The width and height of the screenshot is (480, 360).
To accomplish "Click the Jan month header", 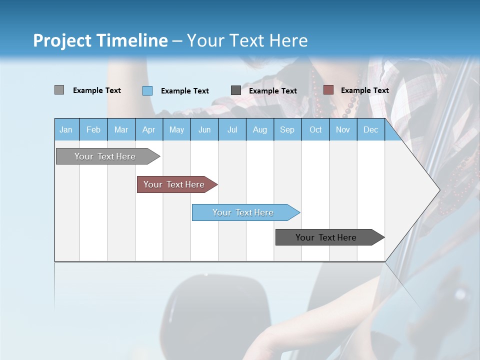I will [x=66, y=129].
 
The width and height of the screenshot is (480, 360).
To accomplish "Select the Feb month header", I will [x=93, y=129].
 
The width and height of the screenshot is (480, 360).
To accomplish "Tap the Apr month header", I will [x=148, y=129].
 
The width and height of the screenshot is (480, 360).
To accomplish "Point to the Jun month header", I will [x=204, y=129].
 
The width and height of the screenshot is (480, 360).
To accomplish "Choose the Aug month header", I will [x=259, y=129].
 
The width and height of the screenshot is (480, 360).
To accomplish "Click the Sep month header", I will [x=287, y=129].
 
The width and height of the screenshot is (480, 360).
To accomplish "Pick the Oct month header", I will [x=315, y=129].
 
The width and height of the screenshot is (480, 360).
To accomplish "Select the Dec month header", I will [x=370, y=129].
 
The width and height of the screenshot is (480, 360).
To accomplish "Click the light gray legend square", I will [x=59, y=90].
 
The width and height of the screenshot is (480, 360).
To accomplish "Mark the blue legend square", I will [x=147, y=90].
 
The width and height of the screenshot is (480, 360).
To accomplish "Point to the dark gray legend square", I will [x=236, y=90].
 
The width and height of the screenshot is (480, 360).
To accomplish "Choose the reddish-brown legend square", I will [x=328, y=90].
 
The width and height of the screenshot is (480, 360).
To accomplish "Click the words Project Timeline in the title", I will [x=100, y=40].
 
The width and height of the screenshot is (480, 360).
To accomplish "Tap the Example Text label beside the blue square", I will [x=184, y=91].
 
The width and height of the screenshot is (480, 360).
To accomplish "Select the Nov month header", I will [x=342, y=129].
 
